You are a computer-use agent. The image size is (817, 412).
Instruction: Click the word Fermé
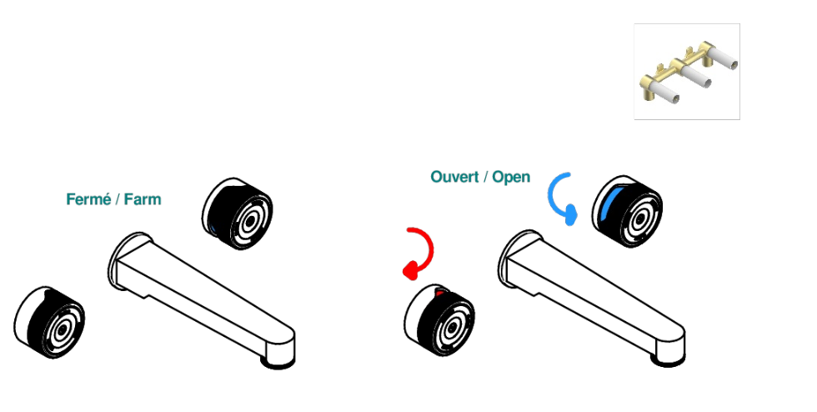[88, 199]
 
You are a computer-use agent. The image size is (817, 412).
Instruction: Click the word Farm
[143, 199]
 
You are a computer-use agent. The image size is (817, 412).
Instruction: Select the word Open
[511, 178]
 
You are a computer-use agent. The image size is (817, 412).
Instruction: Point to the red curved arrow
[430, 250]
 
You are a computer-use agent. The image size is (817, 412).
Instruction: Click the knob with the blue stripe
[627, 211]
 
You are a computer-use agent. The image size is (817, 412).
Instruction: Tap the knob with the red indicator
[439, 320]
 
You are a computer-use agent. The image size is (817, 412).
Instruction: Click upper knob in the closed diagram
[238, 214]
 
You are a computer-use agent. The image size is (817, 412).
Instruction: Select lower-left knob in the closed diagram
[49, 322]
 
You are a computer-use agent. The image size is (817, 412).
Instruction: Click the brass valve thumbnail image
[687, 72]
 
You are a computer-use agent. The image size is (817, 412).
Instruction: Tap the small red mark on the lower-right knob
[439, 294]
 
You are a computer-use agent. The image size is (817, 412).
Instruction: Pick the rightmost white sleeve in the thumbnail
[724, 58]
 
